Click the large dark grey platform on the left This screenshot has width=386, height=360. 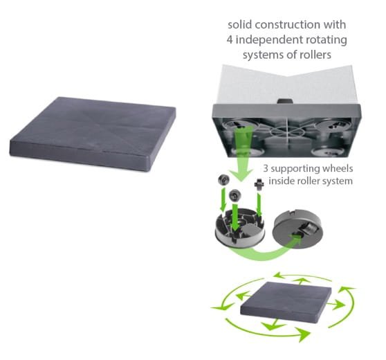(92, 134)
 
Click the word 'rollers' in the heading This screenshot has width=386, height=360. (317, 55)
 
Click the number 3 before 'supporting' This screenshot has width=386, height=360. (266, 168)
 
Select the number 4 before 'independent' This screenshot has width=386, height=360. (230, 40)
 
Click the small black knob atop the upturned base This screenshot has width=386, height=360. (285, 101)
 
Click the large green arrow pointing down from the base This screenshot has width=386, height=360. (241, 153)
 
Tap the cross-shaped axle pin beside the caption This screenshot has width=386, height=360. (259, 184)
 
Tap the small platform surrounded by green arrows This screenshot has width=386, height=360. (286, 300)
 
